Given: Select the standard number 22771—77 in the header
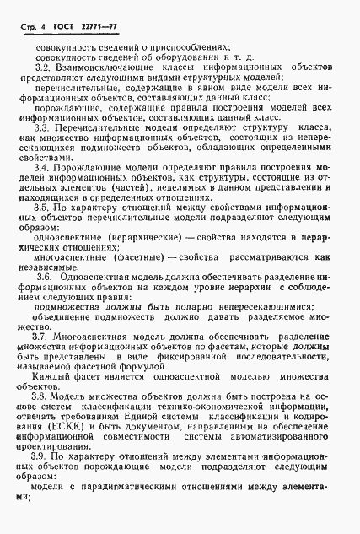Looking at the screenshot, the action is click(95, 27).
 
